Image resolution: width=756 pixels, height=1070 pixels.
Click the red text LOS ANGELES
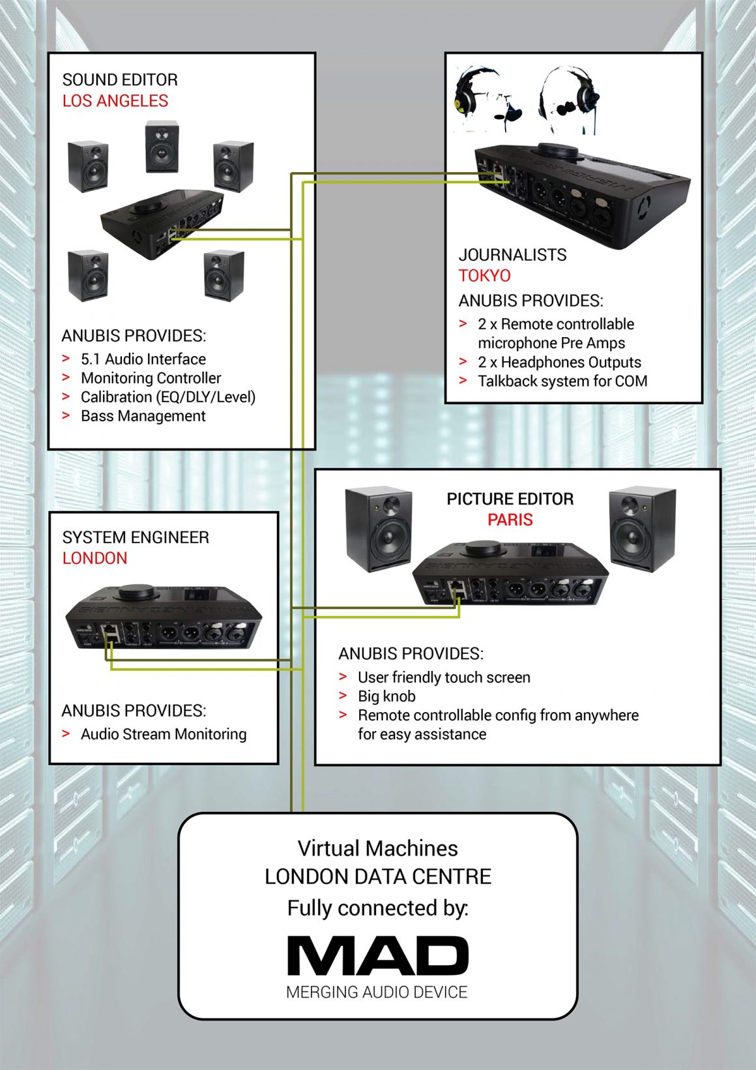(x=115, y=101)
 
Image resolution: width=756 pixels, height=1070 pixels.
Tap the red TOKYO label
(x=484, y=276)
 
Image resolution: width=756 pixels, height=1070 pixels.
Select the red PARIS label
(x=510, y=520)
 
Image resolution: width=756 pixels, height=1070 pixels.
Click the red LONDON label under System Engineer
(x=94, y=558)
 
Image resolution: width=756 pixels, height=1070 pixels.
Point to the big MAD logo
(x=378, y=957)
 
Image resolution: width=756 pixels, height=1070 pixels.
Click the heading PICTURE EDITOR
(x=510, y=499)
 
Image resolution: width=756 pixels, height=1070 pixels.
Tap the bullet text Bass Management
(x=143, y=416)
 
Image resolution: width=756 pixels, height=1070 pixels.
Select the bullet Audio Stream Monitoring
(x=164, y=734)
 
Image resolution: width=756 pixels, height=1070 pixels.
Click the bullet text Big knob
(x=386, y=696)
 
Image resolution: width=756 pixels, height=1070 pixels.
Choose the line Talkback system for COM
(x=562, y=381)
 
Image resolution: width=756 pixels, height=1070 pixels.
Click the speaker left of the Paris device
(x=379, y=529)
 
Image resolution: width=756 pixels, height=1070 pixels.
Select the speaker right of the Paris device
(x=642, y=528)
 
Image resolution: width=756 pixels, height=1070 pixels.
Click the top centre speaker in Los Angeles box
(x=161, y=147)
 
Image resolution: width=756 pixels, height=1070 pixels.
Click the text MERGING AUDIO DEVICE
(x=377, y=992)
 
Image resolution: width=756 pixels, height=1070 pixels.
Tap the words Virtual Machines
(x=378, y=848)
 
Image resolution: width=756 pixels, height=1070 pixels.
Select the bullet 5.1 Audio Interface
(x=143, y=359)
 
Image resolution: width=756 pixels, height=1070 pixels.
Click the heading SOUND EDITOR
(x=120, y=80)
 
